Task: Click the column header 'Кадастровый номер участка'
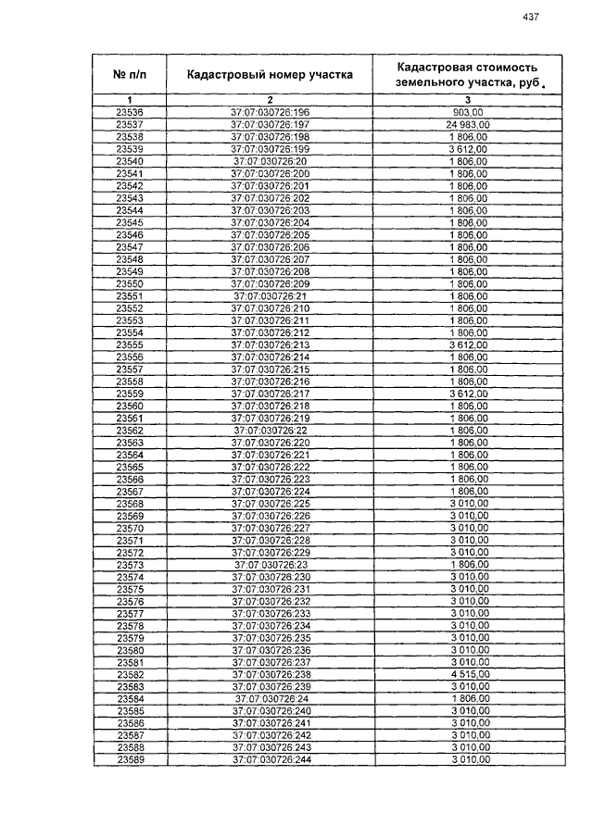click(x=270, y=74)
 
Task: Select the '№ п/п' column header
click(x=130, y=74)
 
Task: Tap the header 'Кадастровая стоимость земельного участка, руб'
click(x=468, y=74)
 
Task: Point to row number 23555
click(x=130, y=344)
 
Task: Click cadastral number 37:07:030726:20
click(x=270, y=161)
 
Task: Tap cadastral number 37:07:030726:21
click(x=270, y=295)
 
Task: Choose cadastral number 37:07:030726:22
click(x=270, y=431)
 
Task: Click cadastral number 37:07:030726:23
click(x=270, y=565)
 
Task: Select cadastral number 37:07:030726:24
click(x=270, y=699)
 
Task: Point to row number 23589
click(x=130, y=760)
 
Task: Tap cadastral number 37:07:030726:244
click(x=270, y=760)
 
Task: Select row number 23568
click(x=130, y=504)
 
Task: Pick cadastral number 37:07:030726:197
click(x=270, y=124)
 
